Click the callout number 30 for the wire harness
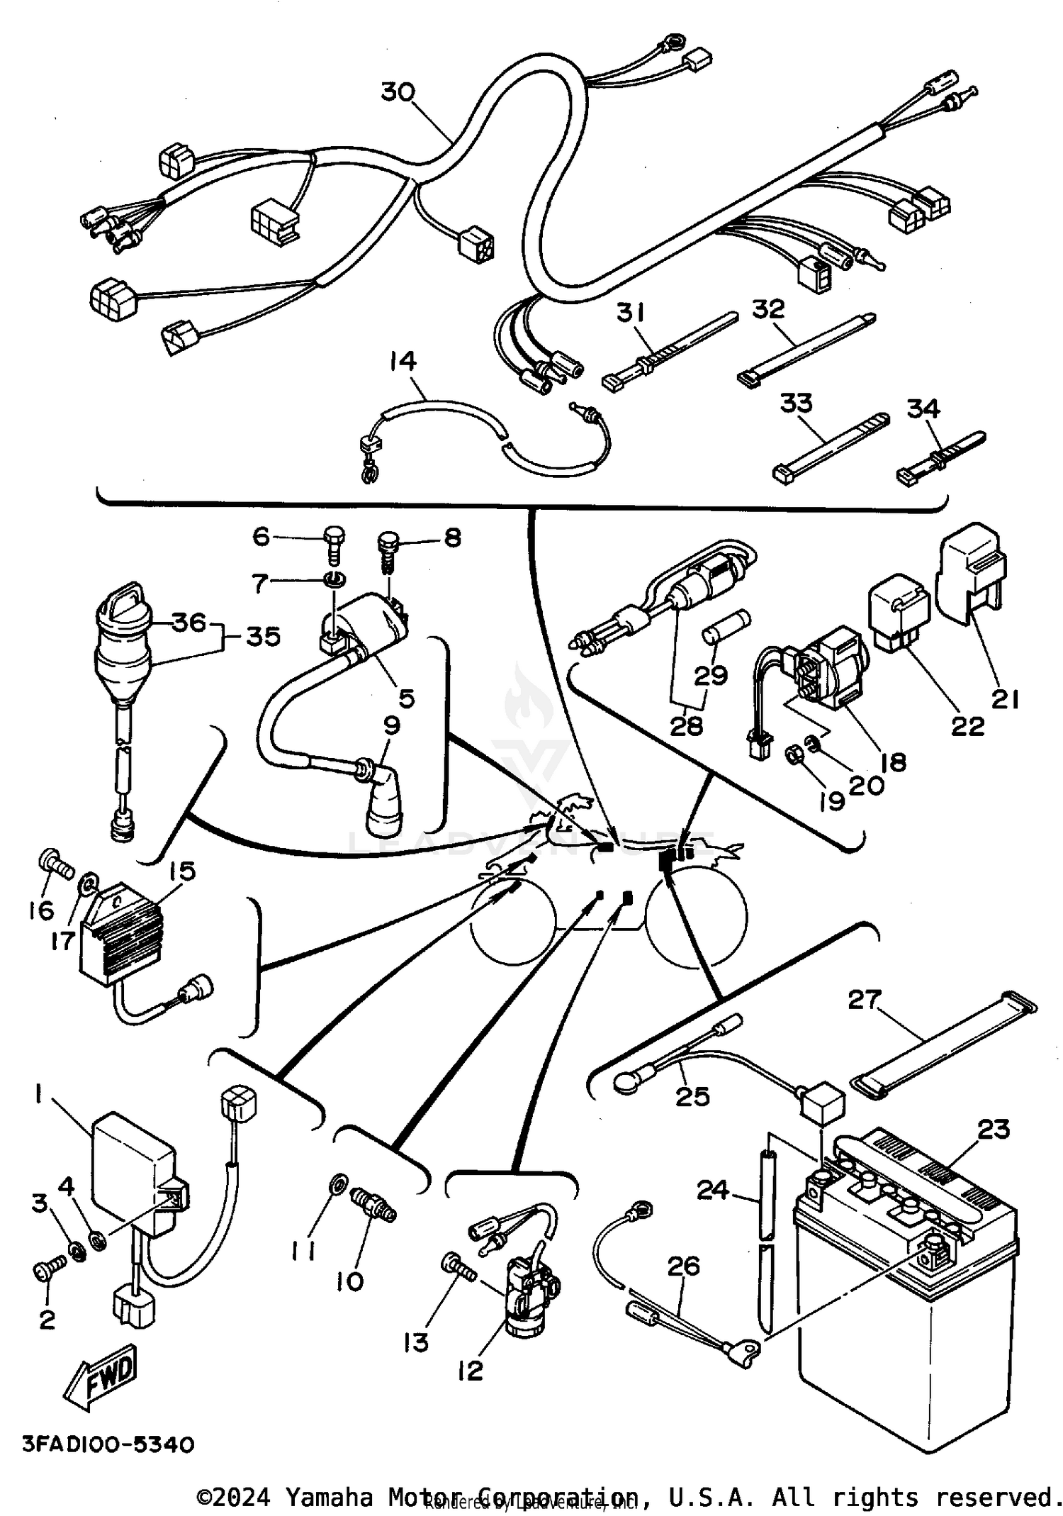pos(398,92)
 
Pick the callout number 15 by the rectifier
pos(182,871)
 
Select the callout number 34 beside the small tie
pos(923,409)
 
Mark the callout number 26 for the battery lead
pos(683,1265)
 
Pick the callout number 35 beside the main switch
pos(263,636)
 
